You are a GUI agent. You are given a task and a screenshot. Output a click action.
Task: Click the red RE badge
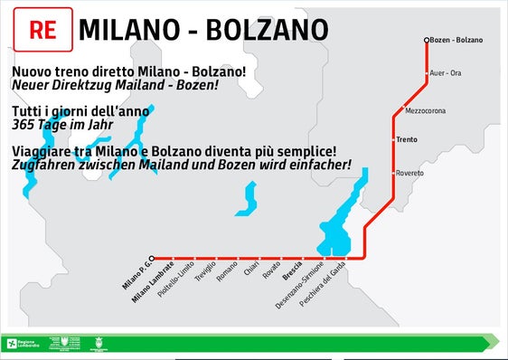(42, 30)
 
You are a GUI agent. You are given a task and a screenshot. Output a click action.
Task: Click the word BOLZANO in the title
(267, 30)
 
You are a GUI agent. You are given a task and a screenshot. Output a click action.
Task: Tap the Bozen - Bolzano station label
(457, 40)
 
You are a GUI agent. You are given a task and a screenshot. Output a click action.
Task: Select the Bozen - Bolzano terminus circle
(427, 40)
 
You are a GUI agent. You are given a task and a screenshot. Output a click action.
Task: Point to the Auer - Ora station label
(446, 72)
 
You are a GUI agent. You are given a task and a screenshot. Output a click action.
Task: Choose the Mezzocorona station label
(424, 111)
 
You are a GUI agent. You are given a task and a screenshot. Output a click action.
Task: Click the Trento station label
(406, 140)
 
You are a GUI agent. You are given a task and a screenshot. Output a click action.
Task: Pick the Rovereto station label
(409, 173)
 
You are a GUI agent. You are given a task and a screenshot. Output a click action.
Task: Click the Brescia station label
(292, 270)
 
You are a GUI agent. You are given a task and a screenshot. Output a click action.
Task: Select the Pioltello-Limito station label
(176, 280)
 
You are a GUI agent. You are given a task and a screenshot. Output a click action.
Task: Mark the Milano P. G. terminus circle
(152, 258)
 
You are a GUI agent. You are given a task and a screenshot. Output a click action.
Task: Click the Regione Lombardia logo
(23, 344)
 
